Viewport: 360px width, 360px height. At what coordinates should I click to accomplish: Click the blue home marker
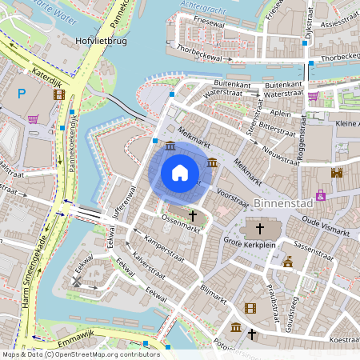point(180,173)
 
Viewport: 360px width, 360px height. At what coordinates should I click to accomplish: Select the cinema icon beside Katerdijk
point(58,94)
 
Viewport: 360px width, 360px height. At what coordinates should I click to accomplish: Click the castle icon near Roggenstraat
point(337,172)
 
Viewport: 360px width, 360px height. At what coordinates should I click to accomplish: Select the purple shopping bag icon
point(321,195)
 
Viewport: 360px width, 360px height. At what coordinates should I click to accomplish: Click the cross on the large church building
point(262,227)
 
